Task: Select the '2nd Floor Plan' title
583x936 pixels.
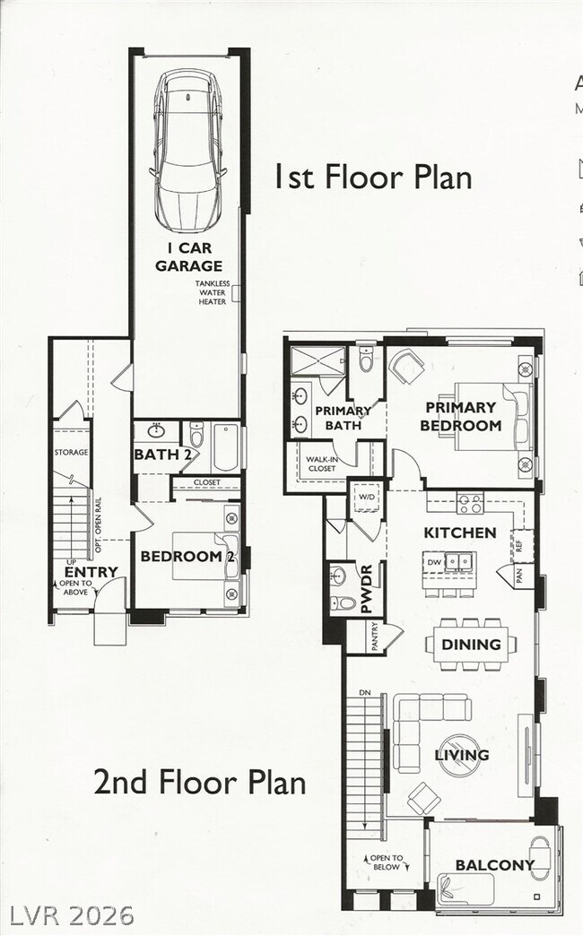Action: [199, 782]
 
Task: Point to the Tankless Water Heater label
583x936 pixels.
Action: [213, 293]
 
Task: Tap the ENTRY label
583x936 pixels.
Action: [91, 572]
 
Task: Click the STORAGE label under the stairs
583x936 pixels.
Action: [71, 453]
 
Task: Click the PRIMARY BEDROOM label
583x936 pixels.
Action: [460, 416]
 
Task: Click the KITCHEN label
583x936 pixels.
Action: [459, 533]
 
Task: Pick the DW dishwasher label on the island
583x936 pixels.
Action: [434, 563]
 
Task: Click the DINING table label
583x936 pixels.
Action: [471, 644]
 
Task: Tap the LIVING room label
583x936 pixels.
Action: [462, 755]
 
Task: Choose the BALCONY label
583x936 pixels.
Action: [494, 865]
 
